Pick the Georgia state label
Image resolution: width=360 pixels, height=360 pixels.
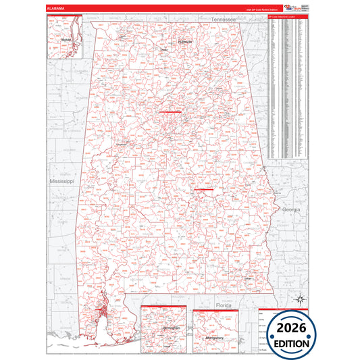[292, 210]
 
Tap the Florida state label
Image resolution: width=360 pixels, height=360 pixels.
[223, 305]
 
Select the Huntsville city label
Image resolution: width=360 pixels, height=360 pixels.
[184, 42]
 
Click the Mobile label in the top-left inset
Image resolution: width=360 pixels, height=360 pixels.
[66, 40]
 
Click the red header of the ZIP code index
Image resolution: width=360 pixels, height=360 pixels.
[287, 16]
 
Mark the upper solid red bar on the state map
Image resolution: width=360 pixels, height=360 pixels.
[170, 111]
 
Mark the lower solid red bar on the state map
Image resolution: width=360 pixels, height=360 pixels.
[204, 190]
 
